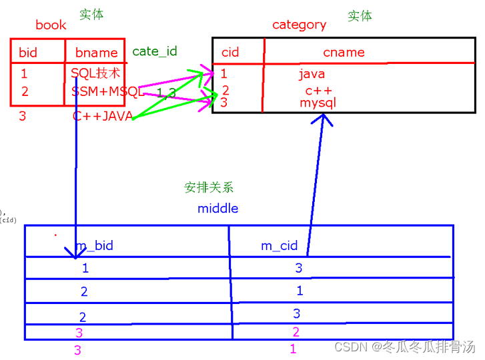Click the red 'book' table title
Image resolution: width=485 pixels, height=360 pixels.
51,25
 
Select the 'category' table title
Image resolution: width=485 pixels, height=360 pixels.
299,25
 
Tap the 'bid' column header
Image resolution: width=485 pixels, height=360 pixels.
28,53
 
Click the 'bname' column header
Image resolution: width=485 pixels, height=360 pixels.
96,53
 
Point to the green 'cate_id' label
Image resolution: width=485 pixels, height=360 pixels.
155,51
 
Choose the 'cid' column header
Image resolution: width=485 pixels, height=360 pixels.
230,53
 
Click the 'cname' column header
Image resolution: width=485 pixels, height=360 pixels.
344,53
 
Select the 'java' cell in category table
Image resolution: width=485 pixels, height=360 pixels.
312,74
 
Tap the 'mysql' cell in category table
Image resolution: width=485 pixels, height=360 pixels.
318,103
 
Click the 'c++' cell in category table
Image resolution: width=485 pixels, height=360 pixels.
318,90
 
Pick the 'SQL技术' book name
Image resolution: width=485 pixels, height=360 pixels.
95,73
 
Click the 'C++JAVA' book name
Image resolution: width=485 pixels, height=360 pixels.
103,116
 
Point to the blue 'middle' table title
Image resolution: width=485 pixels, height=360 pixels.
217,209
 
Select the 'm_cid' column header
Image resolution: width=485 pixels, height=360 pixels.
279,246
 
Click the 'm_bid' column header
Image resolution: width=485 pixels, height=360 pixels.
94,246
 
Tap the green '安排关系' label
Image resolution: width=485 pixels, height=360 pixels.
209,188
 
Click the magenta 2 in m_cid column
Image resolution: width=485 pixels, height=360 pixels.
296,332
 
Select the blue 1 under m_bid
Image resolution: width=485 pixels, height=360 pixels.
85,269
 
